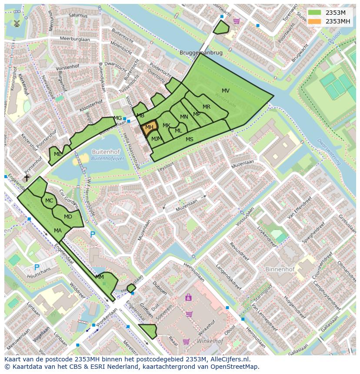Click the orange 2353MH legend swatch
pos(315,21)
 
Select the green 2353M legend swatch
pos(315,13)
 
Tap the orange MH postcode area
pos(149,128)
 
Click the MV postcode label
pos(226,91)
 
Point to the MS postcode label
pos(190,139)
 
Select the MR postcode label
pos(207,107)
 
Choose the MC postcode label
pos(49,201)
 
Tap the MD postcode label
pos(68,217)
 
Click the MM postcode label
pos(100,277)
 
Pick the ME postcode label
pos(57,154)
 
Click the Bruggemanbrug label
pos(201,53)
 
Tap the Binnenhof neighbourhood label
pos(280,269)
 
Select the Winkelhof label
pos(210,341)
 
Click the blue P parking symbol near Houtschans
pos(37,267)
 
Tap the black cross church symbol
pos(27,178)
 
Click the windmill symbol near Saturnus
pos(17,23)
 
